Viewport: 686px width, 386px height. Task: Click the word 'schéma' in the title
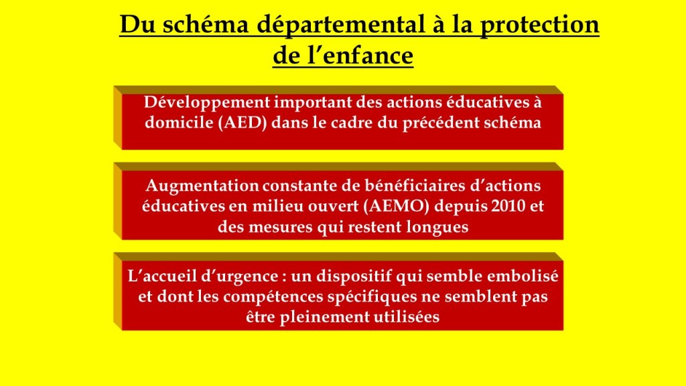(x=206, y=25)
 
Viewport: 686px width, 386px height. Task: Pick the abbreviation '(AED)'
(x=243, y=123)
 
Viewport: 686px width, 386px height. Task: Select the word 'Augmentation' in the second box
(x=202, y=186)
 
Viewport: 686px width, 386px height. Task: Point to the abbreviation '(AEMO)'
(x=397, y=206)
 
